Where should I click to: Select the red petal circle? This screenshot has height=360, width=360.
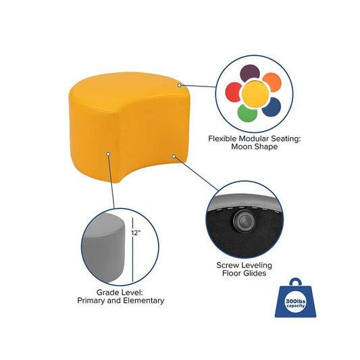click(x=233, y=92)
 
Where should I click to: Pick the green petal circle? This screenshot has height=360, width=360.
click(x=247, y=113)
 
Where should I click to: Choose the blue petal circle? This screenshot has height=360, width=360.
click(x=272, y=107)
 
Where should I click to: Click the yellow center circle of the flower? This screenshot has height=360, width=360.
click(x=255, y=94)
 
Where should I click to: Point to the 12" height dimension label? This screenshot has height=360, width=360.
click(x=136, y=233)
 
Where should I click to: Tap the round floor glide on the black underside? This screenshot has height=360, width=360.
click(x=243, y=220)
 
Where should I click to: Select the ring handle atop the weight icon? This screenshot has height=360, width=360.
click(x=295, y=281)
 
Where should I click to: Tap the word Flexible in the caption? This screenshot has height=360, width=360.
click(x=222, y=138)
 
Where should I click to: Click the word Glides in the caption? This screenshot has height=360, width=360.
click(x=255, y=274)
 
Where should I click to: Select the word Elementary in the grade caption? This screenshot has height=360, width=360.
click(x=144, y=301)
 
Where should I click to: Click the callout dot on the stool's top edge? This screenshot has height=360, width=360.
click(x=179, y=85)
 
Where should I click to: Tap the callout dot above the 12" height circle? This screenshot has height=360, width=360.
click(x=108, y=153)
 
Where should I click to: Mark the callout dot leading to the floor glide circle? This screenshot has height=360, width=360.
click(x=174, y=156)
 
